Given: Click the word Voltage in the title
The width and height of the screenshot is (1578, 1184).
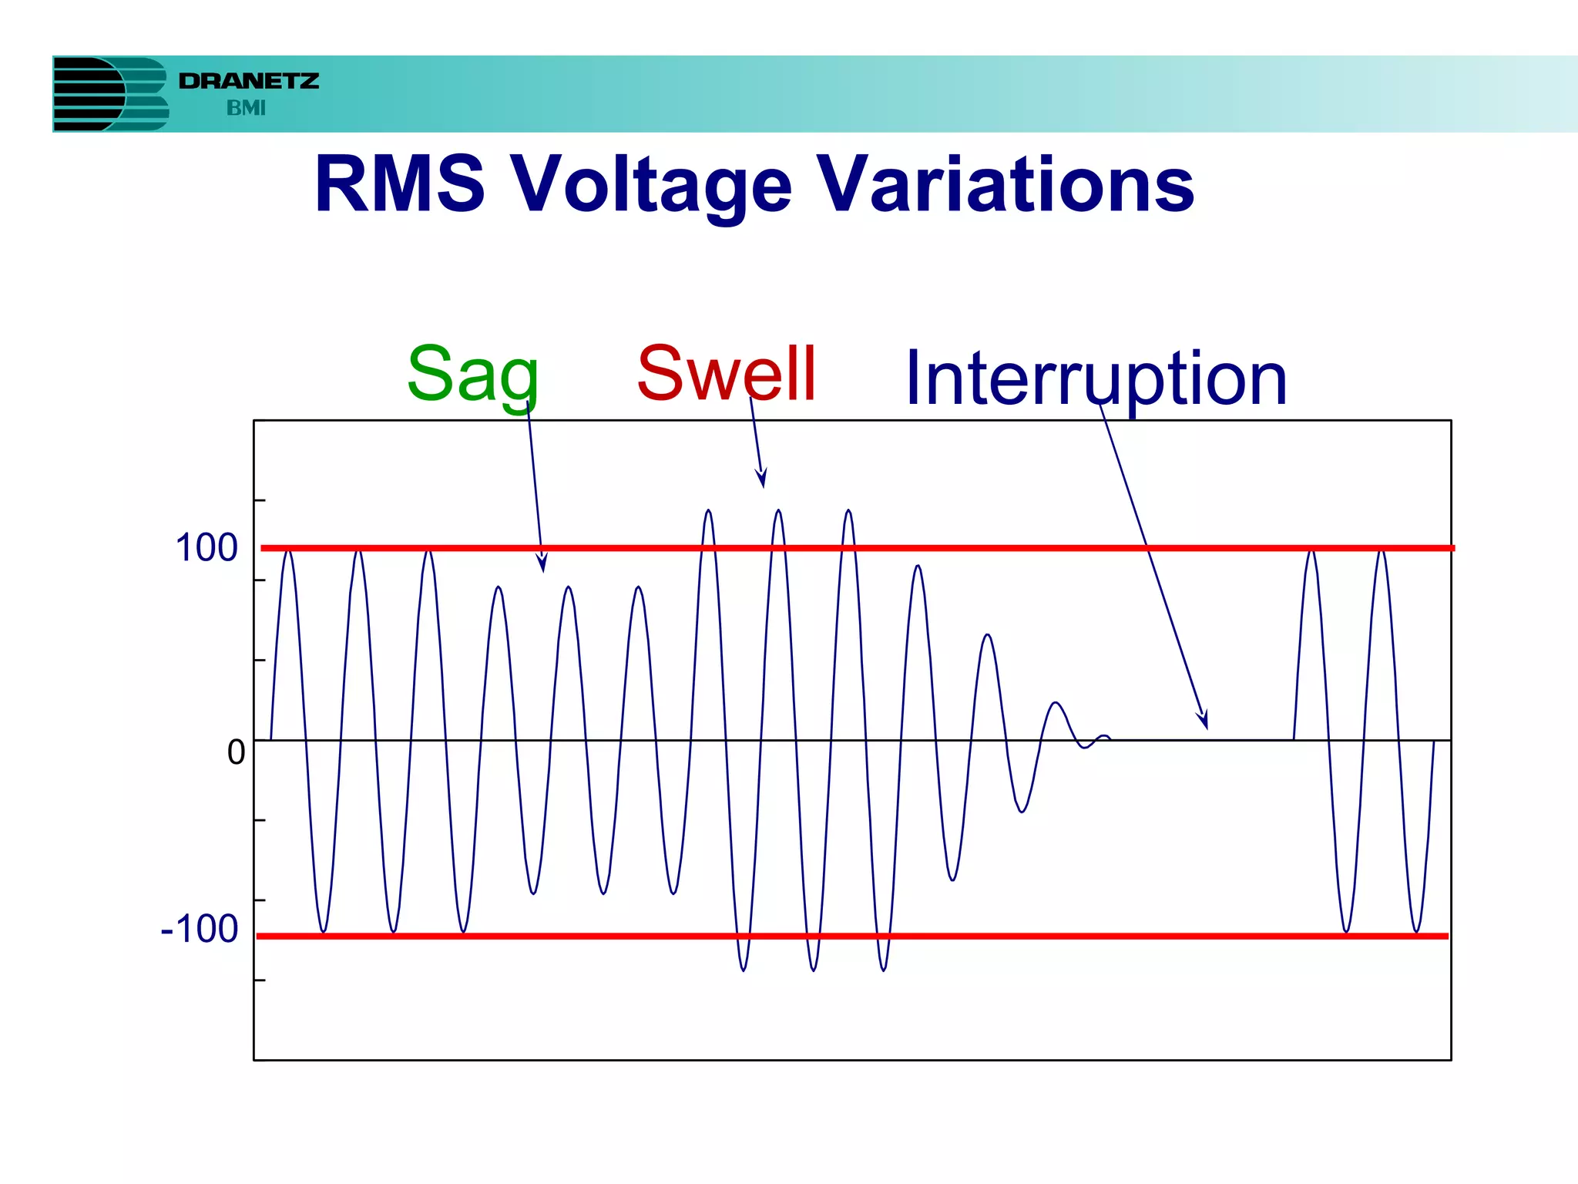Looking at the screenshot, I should point(652,185).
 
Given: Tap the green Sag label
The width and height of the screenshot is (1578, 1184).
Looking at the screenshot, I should point(472,375).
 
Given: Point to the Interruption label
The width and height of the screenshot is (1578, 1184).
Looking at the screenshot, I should point(1096,378).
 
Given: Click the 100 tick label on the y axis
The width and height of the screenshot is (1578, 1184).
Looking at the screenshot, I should point(206,548).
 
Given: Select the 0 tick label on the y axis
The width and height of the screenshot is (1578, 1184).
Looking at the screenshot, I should point(236,752).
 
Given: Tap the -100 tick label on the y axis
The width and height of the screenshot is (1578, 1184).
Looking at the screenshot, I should point(200,928).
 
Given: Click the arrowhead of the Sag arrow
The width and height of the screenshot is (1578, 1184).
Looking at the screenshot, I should point(542,565).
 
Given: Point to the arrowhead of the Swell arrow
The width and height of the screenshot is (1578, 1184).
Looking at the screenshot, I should point(762,479).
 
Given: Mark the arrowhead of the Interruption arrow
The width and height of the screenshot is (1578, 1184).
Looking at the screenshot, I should point(1204,722).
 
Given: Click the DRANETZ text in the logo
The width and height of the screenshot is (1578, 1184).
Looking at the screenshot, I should point(249,81).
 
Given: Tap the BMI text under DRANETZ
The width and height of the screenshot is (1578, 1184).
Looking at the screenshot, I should point(246,109).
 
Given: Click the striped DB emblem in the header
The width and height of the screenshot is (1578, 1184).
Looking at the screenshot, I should point(110,94).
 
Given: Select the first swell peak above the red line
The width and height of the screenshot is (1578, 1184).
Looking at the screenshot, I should point(708,513).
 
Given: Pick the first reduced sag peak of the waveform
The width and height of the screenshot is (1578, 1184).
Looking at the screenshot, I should point(499,589).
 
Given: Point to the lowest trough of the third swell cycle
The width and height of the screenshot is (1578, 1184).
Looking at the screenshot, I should point(883,969).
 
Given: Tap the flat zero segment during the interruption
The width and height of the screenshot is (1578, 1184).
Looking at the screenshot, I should point(1202,740).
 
